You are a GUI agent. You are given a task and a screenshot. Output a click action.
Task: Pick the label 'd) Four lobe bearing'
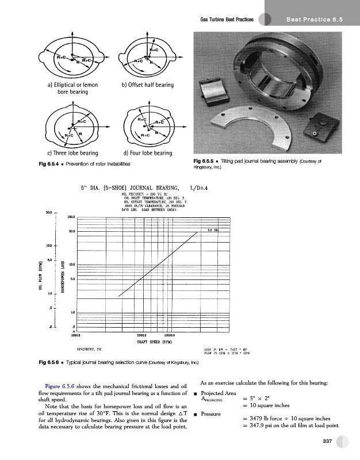(x=148, y=153)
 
